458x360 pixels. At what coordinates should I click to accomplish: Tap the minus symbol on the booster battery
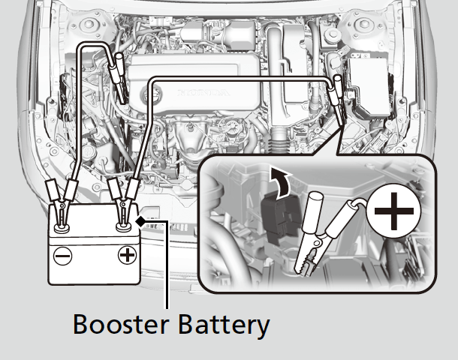(63, 257)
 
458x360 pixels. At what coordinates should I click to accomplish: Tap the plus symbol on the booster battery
(128, 256)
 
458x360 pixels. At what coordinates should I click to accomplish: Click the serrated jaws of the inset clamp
(305, 259)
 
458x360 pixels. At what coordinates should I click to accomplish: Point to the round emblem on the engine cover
(158, 98)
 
